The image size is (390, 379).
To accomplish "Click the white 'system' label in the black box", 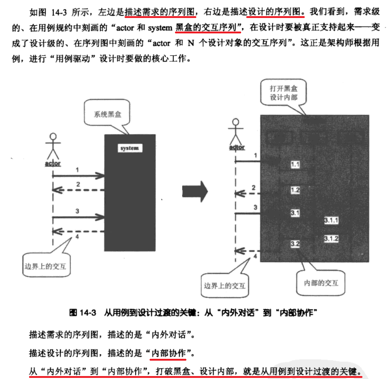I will [x=130, y=148].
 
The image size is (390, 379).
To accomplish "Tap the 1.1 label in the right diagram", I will [x=295, y=165].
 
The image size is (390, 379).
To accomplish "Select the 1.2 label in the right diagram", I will [x=295, y=190].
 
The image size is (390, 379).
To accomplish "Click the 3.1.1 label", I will [x=331, y=220].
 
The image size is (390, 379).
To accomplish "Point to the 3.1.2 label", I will [x=331, y=239].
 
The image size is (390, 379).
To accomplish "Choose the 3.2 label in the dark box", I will [x=295, y=243].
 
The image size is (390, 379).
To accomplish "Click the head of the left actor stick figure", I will [x=53, y=137].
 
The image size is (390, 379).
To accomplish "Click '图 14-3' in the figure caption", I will [x=83, y=313].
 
